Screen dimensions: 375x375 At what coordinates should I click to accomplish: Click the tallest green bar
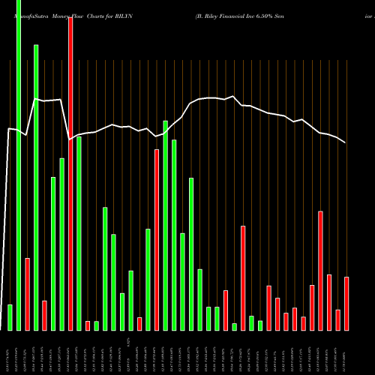[x=19, y=165]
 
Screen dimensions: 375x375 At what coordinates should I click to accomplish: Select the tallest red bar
[x=70, y=173]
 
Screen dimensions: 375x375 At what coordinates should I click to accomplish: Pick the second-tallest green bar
[x=36, y=187]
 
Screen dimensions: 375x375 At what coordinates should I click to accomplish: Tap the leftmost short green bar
[x=10, y=317]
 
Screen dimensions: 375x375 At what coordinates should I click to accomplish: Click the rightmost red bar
[x=346, y=304]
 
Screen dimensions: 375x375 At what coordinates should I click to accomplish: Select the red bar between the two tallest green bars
[x=28, y=294]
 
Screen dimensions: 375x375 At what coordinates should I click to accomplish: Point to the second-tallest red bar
[x=157, y=240]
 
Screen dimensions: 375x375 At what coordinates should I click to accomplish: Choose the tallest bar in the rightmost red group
[x=320, y=271]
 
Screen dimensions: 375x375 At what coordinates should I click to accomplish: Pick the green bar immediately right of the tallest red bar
[x=79, y=233]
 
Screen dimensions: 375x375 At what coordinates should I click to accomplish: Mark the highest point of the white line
[x=35, y=98]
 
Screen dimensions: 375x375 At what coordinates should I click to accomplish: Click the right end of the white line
[x=346, y=142]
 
